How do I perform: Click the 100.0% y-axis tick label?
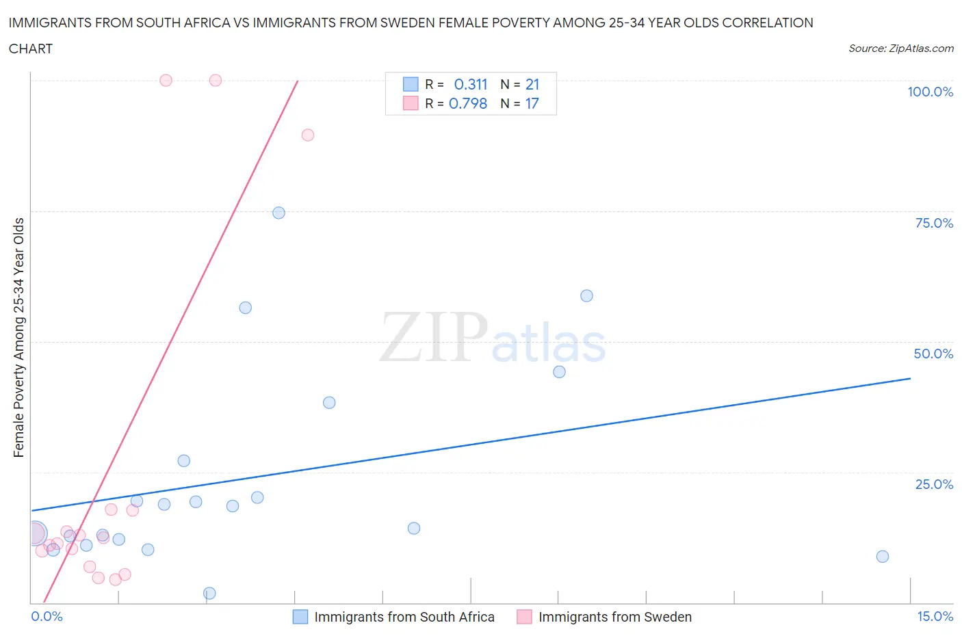tap(930, 92)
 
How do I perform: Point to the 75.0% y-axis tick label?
tap(934, 223)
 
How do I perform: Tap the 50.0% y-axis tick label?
tap(933, 354)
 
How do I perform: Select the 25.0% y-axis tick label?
tap(934, 484)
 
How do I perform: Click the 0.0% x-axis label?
tap(47, 616)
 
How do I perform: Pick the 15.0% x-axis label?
tap(935, 616)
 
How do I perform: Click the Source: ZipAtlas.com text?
tap(900, 49)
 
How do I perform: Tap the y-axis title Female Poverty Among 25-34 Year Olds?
tap(18, 337)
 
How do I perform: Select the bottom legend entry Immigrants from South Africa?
tap(404, 617)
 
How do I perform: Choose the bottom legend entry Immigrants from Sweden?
tap(614, 617)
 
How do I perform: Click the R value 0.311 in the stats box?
tap(471, 85)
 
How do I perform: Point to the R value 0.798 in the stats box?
tap(468, 104)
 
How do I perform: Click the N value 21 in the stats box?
tap(532, 85)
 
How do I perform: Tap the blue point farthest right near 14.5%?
tap(883, 557)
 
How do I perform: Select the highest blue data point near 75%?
tap(278, 213)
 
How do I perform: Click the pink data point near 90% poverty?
tap(308, 135)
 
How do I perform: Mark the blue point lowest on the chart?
tap(210, 593)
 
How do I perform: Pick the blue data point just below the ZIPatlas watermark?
tap(559, 372)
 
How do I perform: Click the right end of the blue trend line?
tap(910, 378)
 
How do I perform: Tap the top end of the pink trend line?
tap(298, 81)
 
